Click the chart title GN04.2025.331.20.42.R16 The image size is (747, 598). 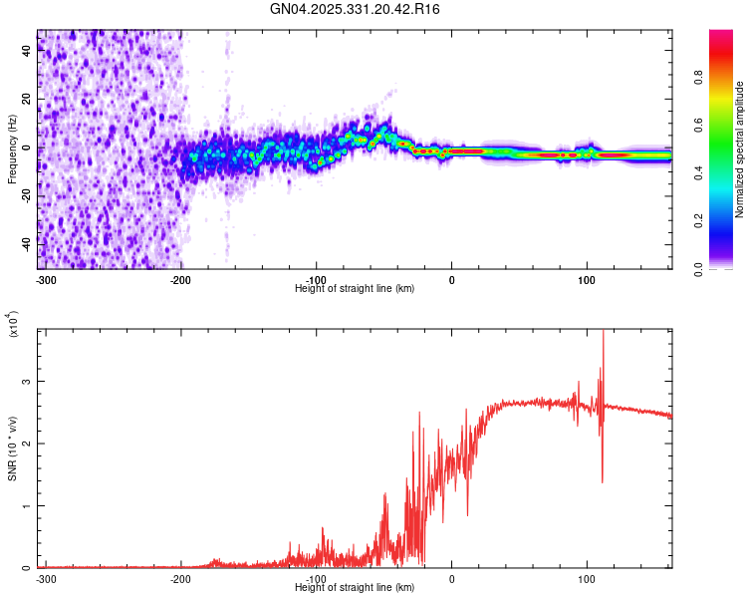coord(356,9)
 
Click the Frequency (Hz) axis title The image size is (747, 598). coord(12,149)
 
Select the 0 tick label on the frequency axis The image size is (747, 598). coord(27,148)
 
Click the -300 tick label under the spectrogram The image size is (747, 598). coord(45,279)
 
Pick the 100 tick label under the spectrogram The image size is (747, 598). coord(588,279)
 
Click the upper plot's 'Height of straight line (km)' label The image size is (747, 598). coord(356,288)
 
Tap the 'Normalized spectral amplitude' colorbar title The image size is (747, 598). coord(739,149)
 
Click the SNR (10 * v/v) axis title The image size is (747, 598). coord(12,448)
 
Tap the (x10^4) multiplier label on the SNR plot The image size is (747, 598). coord(14,324)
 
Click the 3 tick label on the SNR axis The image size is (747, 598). coord(27,381)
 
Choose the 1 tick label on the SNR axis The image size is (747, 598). coord(27,505)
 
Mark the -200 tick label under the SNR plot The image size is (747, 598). coord(180,578)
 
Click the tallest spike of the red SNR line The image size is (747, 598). coord(604,333)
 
